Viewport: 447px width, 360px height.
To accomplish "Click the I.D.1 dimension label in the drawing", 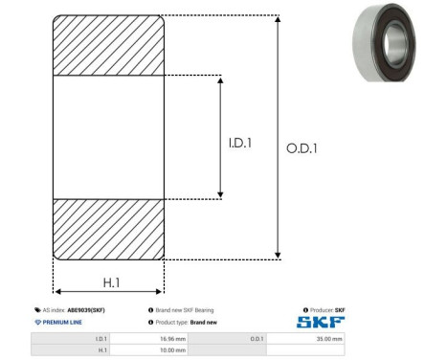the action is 240,143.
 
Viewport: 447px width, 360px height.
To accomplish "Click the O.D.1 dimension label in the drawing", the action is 302,148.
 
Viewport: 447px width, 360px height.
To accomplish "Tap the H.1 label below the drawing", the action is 111,282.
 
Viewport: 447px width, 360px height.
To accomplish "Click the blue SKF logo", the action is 321,322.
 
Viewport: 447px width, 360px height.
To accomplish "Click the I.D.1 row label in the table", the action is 101,339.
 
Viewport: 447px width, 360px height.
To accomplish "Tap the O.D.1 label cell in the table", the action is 257,339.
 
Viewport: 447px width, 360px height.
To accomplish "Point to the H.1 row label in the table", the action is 102,350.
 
